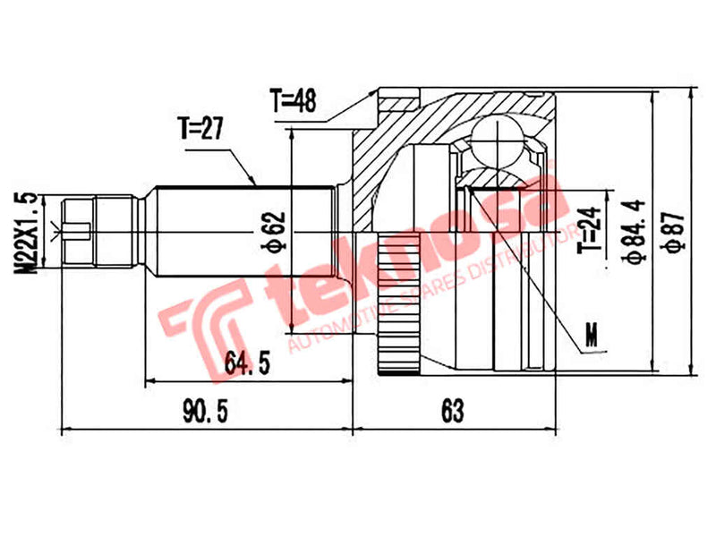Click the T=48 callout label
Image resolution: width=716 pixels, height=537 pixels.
[x=292, y=102]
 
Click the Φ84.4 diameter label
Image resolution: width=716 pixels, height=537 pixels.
[x=635, y=231]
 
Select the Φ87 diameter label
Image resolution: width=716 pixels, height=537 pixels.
[x=675, y=231]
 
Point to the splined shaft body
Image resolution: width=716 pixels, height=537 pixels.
[x=242, y=232]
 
